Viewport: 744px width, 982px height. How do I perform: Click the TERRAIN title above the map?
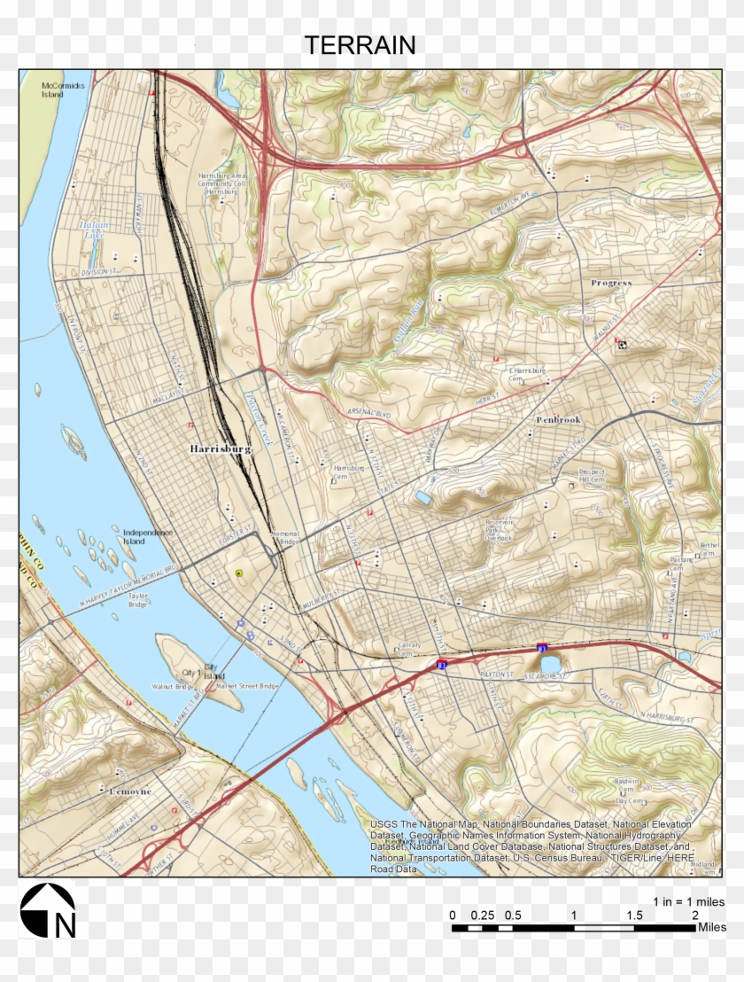click(x=360, y=45)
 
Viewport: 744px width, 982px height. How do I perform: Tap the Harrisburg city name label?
click(x=221, y=449)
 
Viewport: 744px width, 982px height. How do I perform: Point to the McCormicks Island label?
click(x=62, y=90)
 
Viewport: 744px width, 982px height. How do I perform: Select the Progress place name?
click(x=611, y=283)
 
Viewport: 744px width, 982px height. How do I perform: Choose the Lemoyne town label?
click(x=129, y=791)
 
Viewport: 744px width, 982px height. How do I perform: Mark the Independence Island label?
click(x=148, y=536)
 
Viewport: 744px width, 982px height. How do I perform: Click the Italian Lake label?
click(x=93, y=230)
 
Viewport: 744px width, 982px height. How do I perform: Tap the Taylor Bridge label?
click(x=137, y=602)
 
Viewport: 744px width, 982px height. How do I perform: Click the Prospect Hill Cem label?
click(x=592, y=476)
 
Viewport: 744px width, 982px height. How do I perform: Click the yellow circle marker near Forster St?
click(x=238, y=574)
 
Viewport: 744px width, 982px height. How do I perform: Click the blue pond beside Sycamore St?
click(x=550, y=664)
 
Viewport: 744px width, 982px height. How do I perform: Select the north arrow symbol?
click(x=48, y=911)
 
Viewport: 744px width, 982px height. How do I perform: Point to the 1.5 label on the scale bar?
click(x=634, y=915)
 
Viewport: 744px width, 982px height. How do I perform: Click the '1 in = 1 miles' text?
click(x=689, y=900)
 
